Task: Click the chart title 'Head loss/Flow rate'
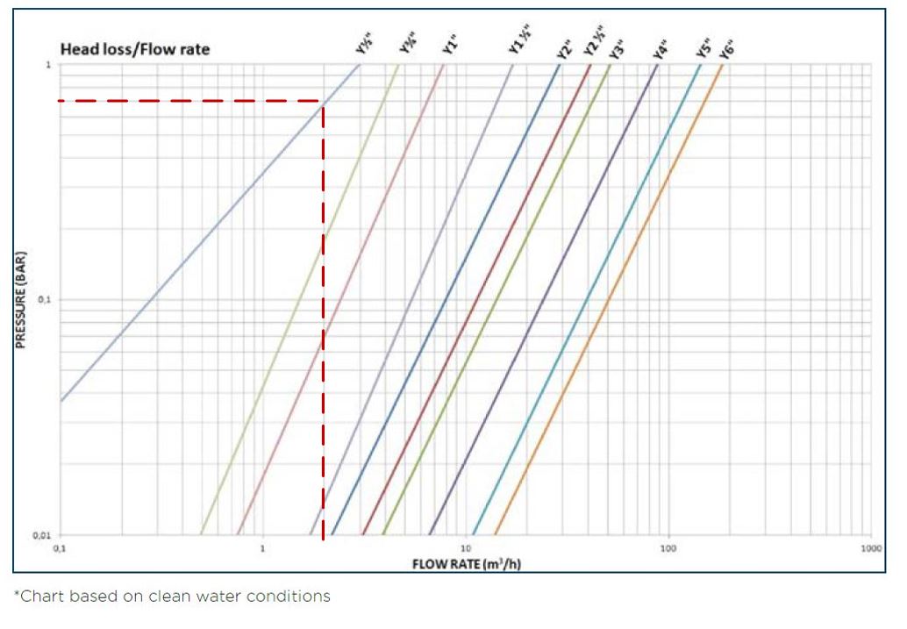coord(135,49)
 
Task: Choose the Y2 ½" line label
coord(596,44)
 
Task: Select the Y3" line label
coord(618,46)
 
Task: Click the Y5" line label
coord(704,46)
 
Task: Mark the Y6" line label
coord(726,46)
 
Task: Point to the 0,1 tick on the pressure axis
coord(46,300)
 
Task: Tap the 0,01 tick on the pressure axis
coord(44,535)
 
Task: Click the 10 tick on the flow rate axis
coord(466,548)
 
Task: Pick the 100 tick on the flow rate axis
coord(668,548)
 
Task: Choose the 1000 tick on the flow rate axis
coord(870,548)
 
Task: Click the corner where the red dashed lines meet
coord(323,102)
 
